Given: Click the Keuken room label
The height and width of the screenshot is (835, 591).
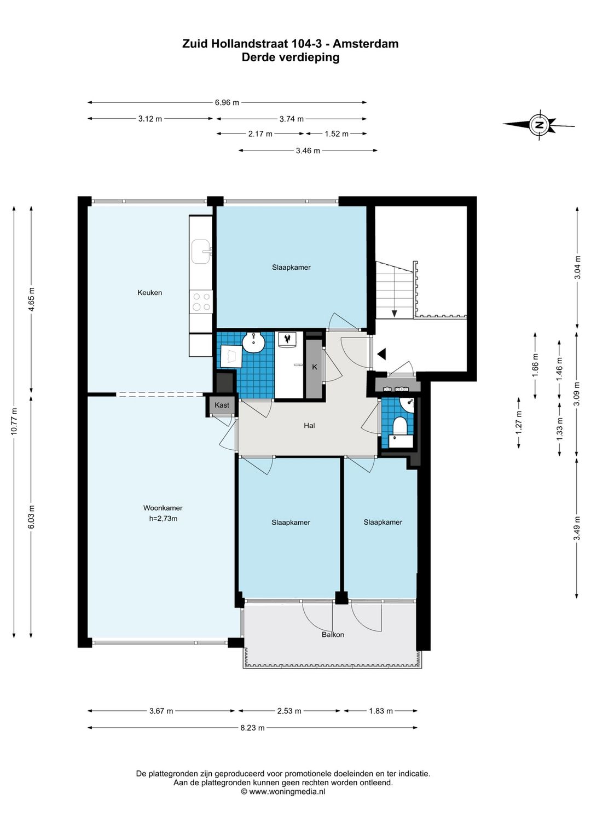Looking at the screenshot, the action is tap(149, 293).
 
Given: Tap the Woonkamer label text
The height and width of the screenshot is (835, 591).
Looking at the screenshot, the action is tap(163, 508).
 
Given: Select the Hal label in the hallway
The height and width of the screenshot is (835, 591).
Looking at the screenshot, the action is tap(309, 425).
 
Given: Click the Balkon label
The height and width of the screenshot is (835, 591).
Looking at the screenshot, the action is tap(333, 634).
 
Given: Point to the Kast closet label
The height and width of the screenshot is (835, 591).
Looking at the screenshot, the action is tap(222, 405).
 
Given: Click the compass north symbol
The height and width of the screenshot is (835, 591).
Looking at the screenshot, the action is tap(539, 125).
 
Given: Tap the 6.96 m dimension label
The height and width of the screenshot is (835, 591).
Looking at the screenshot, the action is tap(227, 102).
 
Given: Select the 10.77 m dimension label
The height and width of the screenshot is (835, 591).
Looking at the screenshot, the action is tap(14, 421).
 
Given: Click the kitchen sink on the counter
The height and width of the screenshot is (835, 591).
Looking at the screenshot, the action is tap(201, 251).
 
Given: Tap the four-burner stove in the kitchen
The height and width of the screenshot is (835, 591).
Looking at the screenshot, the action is tap(201, 301).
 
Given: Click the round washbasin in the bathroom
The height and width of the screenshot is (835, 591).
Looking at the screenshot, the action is tap(253, 342).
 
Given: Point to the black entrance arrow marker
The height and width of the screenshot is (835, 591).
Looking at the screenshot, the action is tap(381, 354).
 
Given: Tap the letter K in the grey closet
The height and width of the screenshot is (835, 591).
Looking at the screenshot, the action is tap(314, 367).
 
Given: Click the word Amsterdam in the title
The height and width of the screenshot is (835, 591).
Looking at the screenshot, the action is tap(366, 44).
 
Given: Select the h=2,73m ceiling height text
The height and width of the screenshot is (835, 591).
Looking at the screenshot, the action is tap(163, 518).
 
